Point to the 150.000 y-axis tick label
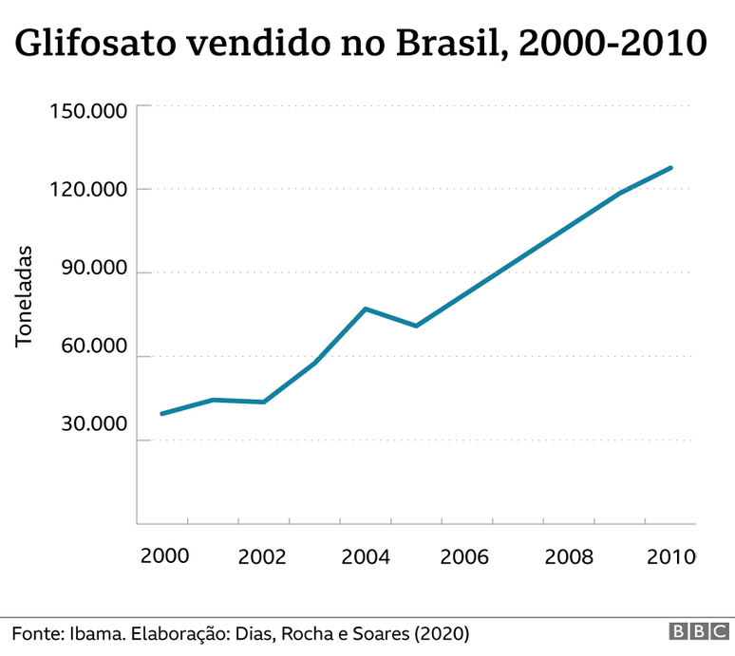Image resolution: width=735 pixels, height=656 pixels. [87, 111]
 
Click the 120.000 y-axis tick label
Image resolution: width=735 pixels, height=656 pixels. [87, 190]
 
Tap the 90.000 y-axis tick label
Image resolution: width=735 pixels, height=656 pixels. [92, 269]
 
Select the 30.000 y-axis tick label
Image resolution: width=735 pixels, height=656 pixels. [92, 423]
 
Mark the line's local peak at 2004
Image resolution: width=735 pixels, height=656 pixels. [366, 309]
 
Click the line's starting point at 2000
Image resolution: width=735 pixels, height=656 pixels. [162, 414]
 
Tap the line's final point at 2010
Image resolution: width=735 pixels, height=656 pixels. [670, 168]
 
